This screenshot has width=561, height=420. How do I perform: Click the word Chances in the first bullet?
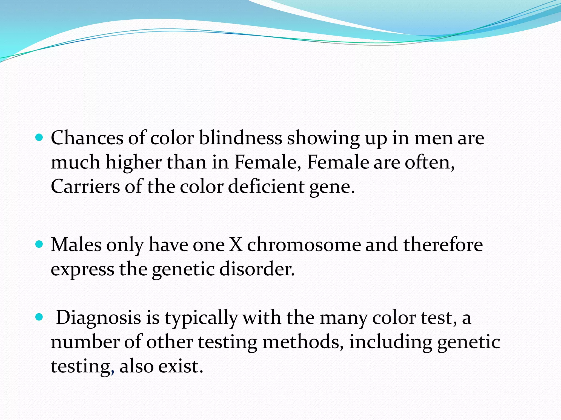click(87, 138)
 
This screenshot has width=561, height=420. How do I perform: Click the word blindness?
click(240, 138)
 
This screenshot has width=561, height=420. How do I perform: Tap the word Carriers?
click(85, 186)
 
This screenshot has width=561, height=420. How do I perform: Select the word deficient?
click(266, 186)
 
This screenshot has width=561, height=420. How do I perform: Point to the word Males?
click(76, 244)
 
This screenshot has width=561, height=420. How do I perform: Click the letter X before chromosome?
click(236, 244)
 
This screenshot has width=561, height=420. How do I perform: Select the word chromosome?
click(304, 244)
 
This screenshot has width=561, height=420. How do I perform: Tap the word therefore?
click(443, 244)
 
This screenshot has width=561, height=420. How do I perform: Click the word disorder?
click(257, 269)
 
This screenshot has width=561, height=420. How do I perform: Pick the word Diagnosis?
click(98, 318)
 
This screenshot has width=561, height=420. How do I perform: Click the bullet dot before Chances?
click(39, 138)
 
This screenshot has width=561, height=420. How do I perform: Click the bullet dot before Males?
click(39, 244)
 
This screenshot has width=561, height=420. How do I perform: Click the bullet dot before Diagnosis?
click(39, 317)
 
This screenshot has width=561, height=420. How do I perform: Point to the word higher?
click(133, 163)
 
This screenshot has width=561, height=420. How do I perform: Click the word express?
click(82, 270)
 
